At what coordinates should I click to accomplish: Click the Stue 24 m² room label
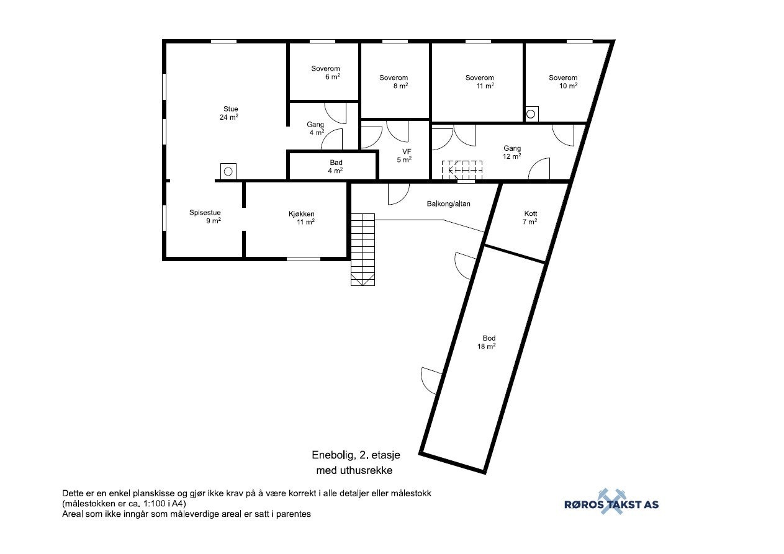click(x=230, y=113)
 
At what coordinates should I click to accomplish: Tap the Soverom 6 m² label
click(x=326, y=73)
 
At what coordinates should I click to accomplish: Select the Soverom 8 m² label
click(x=394, y=82)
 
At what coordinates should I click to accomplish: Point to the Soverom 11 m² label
click(x=480, y=82)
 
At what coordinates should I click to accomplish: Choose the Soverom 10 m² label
click(x=563, y=82)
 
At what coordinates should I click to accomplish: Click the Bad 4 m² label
click(x=336, y=166)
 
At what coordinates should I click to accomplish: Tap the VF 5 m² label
click(x=404, y=155)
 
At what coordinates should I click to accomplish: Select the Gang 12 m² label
click(x=512, y=152)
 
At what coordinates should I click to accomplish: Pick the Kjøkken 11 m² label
click(x=302, y=218)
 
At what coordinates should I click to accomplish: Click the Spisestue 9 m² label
click(x=205, y=217)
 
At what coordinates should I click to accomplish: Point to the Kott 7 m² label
click(x=530, y=217)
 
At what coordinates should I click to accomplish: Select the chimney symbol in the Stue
click(x=228, y=171)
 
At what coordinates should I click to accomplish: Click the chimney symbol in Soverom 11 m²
click(x=531, y=114)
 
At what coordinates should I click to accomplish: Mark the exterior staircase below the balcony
click(x=363, y=249)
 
